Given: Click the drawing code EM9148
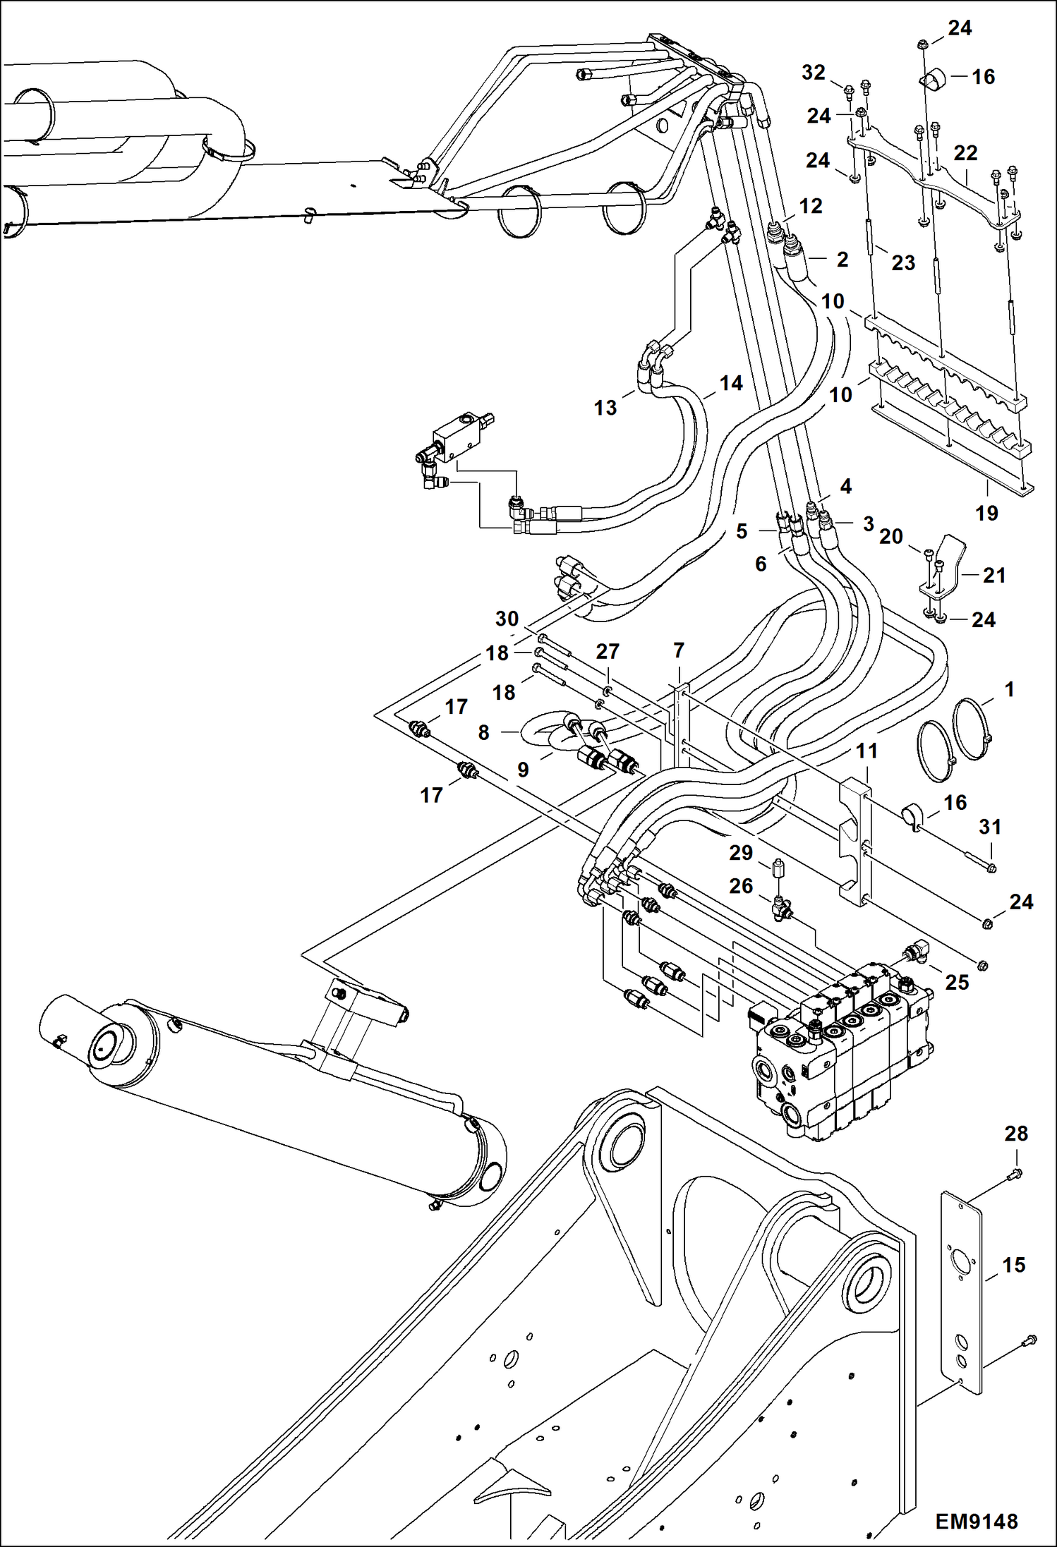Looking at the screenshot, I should (976, 1522).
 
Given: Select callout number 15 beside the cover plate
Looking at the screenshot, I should (1013, 1265).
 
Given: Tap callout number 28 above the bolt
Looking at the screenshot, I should (1016, 1134).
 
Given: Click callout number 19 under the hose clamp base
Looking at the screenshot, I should (986, 513).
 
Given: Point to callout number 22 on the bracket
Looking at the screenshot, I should (965, 152).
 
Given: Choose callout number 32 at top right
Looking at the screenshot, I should (814, 73).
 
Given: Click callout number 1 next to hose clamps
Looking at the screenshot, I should (1009, 689).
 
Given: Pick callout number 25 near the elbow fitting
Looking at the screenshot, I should (957, 982).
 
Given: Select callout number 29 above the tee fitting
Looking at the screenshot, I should (741, 853).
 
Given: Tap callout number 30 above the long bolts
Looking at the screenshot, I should (507, 619).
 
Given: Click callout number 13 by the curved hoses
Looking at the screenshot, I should (605, 408).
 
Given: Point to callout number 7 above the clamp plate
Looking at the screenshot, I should (679, 650).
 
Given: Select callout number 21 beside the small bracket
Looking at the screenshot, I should (993, 575).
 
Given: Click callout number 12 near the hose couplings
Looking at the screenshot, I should (811, 206).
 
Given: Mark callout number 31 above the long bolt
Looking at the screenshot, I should (990, 826).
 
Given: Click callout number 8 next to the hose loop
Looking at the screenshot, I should (483, 732).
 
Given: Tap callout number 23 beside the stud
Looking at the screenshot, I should (903, 262).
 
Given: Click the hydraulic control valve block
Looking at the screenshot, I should (840, 1051).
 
